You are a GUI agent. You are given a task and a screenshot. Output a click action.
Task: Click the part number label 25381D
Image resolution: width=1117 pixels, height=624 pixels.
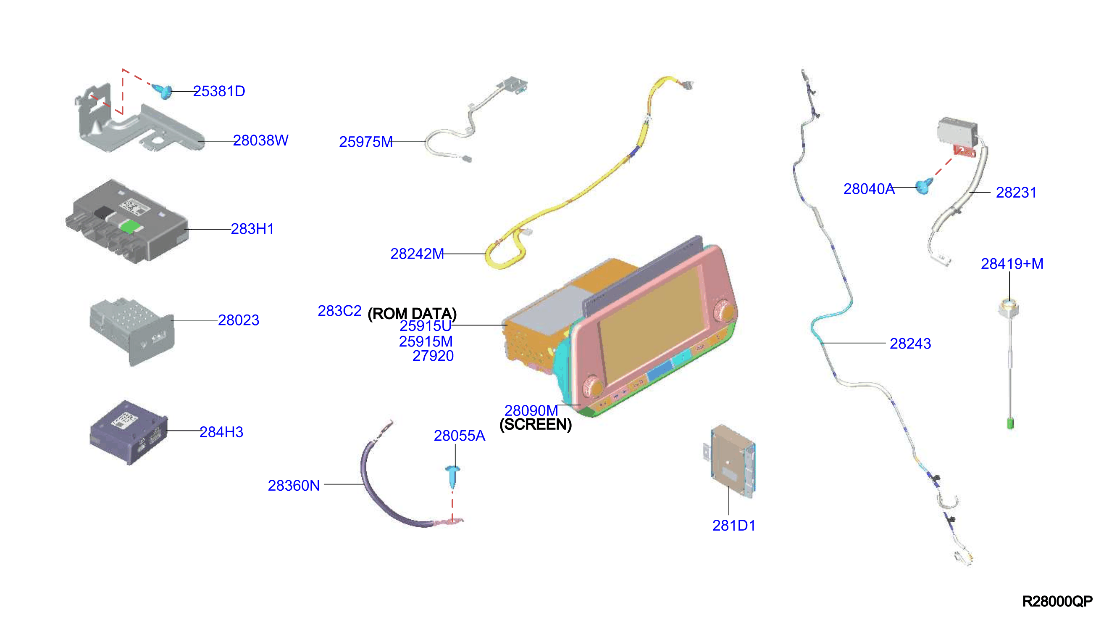[x=219, y=91]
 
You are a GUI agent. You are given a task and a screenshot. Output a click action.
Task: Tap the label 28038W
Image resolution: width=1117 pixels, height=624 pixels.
[x=260, y=140]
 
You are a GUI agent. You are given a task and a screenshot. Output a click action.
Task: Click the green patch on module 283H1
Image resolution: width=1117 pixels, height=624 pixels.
[x=130, y=226]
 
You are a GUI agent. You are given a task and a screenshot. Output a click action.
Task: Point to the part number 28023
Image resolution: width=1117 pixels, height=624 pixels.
[x=239, y=320]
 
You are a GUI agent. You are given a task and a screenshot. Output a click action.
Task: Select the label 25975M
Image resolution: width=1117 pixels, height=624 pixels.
[x=365, y=142]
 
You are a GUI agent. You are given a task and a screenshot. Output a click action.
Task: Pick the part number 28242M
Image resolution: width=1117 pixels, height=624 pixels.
[x=417, y=254]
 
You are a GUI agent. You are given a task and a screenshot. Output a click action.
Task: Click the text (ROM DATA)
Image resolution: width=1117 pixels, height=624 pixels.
[x=412, y=313]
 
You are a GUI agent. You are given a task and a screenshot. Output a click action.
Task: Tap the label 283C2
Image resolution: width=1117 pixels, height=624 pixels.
[x=339, y=311]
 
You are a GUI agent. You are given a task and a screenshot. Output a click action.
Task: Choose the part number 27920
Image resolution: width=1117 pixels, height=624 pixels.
[x=433, y=356]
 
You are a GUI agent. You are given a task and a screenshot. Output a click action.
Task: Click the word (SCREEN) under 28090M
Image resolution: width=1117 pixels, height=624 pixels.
[x=536, y=424]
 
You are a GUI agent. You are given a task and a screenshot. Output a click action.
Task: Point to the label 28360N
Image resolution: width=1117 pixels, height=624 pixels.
[x=294, y=486]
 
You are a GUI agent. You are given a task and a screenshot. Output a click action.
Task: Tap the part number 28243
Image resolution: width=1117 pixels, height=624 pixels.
[x=910, y=344]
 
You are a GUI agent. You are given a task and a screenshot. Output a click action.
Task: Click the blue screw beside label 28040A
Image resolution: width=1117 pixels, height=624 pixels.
[x=924, y=186]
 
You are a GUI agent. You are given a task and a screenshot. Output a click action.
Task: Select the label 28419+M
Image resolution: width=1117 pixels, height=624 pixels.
[x=1012, y=264]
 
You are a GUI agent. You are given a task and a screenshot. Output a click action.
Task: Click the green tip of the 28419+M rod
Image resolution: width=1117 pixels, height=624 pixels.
[x=1010, y=423]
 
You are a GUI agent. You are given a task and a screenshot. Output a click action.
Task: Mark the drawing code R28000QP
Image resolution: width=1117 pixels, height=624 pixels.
[x=1057, y=601]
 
